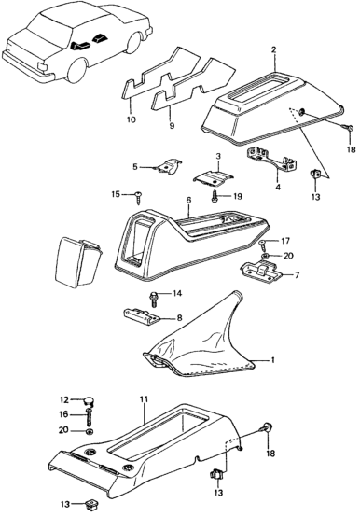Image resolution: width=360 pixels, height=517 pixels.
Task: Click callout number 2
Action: (273, 50)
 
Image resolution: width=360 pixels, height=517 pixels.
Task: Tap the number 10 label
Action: (132, 119)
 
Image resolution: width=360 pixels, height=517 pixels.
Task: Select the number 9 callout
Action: (172, 126)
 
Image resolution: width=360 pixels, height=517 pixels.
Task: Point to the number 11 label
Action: (145, 400)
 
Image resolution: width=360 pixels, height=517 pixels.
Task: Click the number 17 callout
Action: (285, 241)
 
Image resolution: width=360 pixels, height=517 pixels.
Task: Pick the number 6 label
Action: (188, 200)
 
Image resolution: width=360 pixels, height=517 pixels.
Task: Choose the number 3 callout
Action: (218, 156)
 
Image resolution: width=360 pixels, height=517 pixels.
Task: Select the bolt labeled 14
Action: (154, 299)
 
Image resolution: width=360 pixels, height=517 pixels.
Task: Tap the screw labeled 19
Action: (215, 197)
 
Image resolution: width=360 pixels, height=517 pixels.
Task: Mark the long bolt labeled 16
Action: (90, 418)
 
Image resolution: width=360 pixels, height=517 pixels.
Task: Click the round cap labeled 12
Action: (90, 401)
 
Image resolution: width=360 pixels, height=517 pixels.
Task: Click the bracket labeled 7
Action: (261, 269)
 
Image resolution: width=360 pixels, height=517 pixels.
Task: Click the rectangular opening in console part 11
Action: (159, 433)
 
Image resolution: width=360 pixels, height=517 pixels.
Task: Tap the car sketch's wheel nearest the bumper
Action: (77, 71)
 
